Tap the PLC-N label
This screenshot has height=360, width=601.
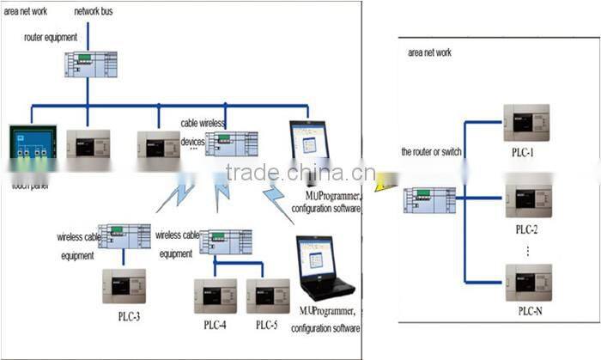[x=525, y=310]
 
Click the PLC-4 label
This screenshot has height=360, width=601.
[x=215, y=325]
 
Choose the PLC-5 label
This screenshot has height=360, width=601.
[x=266, y=325]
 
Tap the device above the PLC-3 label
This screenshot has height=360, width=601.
[x=125, y=286]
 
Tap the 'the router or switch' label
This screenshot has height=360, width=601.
[x=431, y=152]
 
